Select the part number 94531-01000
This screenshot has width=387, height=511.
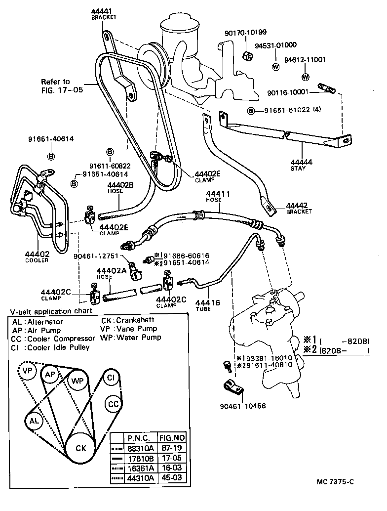pos(275,45)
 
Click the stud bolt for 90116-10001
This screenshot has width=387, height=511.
pos(327,90)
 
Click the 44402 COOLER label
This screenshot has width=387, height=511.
pos(37,256)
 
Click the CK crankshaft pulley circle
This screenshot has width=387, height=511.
pos(81,448)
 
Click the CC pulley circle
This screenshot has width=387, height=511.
pos(114,404)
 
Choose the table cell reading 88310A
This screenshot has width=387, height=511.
pos(140,447)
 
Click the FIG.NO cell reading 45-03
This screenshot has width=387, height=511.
pos(171,478)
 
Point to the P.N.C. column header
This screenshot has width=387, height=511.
pos(139,437)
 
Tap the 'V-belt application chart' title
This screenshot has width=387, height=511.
pos(51,311)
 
